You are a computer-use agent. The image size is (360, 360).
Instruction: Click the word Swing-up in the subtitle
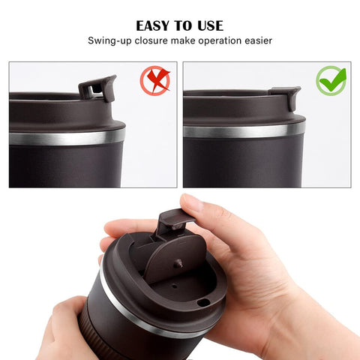tap(112, 40)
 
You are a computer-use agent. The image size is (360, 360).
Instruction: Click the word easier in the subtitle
tap(258, 40)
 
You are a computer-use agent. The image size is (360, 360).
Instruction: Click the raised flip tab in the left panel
tap(97, 88)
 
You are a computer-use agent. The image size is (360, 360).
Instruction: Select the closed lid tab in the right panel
tap(285, 96)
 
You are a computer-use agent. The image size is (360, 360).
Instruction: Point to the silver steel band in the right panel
tap(244, 129)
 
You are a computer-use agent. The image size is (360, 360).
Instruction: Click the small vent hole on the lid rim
tap(203, 302)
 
